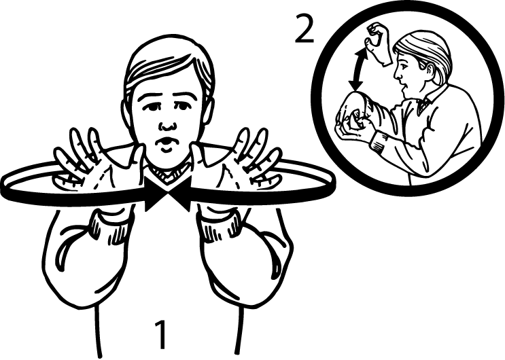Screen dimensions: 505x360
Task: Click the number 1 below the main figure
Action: point(161,335)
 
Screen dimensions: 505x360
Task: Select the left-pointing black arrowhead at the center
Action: point(179,194)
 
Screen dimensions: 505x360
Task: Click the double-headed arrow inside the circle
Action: point(358,70)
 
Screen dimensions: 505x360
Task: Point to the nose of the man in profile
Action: point(398,77)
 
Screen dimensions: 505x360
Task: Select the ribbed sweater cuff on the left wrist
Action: point(111,226)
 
